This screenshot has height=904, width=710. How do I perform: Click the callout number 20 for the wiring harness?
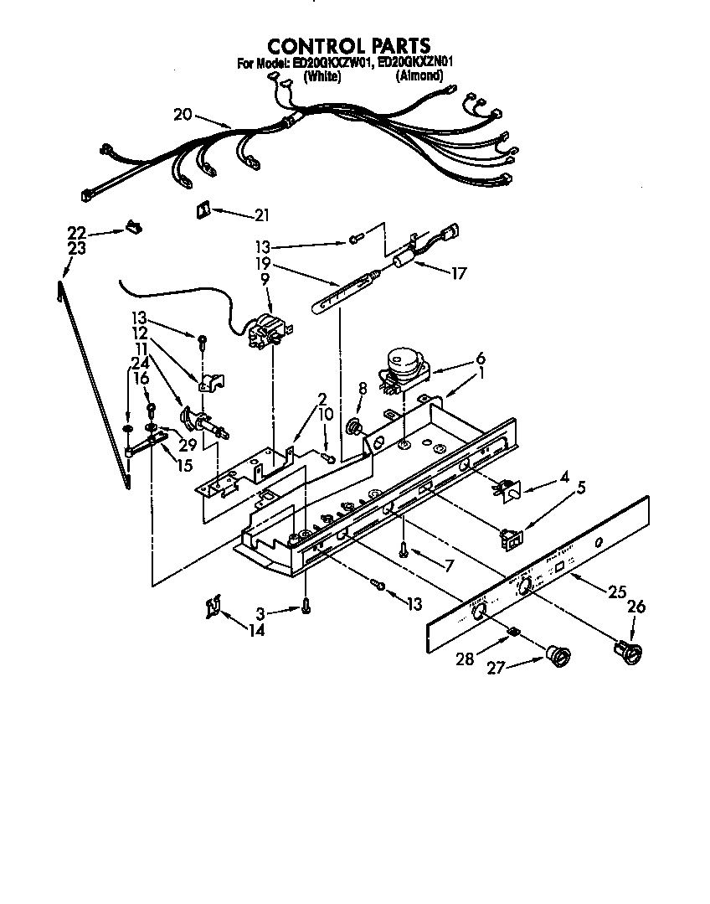tap(183, 114)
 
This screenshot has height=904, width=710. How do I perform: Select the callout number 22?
tap(77, 232)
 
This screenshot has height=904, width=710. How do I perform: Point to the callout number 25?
tap(617, 592)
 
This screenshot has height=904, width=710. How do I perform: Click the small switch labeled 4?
tap(507, 491)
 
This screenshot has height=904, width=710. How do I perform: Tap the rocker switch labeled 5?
tap(508, 539)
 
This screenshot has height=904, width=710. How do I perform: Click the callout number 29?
tap(187, 446)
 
